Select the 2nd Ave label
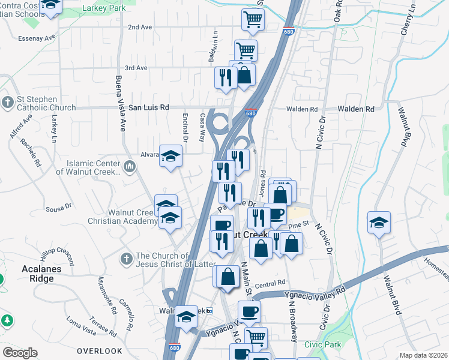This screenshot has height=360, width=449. [x=140, y=27]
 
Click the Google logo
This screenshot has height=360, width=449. [x=20, y=353]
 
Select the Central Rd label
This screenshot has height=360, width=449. [x=270, y=284]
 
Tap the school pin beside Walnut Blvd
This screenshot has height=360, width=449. [x=379, y=224]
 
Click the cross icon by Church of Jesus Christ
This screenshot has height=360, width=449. [x=126, y=259]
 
